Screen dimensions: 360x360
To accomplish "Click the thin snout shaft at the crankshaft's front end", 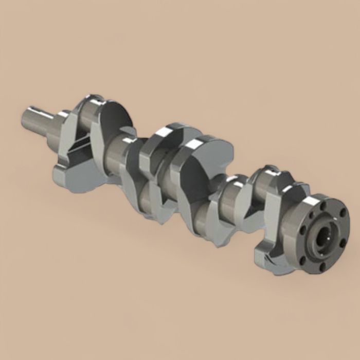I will pyautogui.click(x=39, y=118).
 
